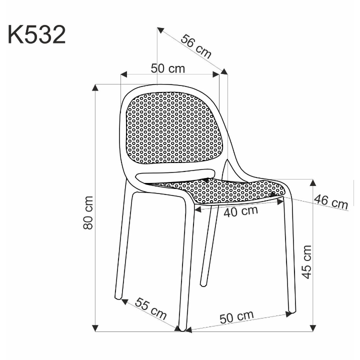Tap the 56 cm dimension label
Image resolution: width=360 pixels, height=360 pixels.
coord(195,46)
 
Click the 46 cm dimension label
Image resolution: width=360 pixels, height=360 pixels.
coord(330,202)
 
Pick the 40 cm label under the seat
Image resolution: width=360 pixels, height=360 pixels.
coord(240,211)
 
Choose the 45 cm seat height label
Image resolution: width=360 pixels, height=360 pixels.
coord(306,261)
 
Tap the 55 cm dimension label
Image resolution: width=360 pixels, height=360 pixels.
coord(150,310)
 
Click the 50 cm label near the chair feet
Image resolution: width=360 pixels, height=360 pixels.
coord(236,317)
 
